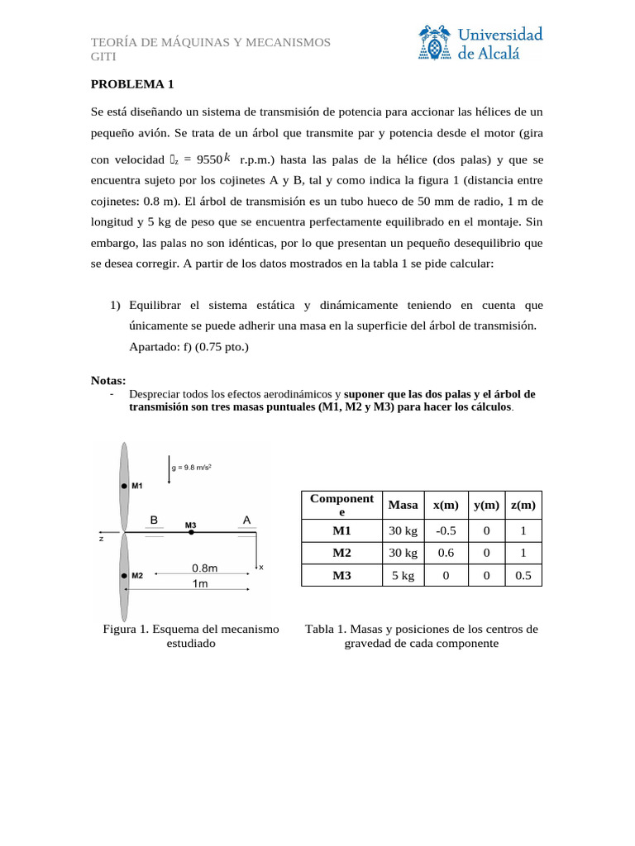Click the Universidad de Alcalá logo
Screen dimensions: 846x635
[481, 43]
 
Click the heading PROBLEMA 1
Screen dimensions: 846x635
[132, 83]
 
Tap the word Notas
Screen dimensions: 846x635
[107, 380]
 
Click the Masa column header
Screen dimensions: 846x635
[403, 505]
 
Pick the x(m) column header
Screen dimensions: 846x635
[445, 505]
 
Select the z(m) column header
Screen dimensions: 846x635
[523, 505]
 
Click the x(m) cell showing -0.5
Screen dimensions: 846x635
[445, 530]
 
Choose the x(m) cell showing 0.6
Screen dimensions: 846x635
[445, 553]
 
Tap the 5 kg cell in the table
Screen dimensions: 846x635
[403, 576]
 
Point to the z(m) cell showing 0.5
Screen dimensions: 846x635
[523, 576]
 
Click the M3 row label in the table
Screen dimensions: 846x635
[341, 576]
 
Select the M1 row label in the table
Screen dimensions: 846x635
[341, 530]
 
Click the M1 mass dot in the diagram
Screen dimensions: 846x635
[124, 486]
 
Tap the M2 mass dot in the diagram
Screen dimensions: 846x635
[124, 576]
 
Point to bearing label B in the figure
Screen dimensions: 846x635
[154, 520]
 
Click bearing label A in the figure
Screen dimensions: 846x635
[246, 520]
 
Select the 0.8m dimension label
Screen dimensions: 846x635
[204, 568]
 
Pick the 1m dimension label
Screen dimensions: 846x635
[200, 583]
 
